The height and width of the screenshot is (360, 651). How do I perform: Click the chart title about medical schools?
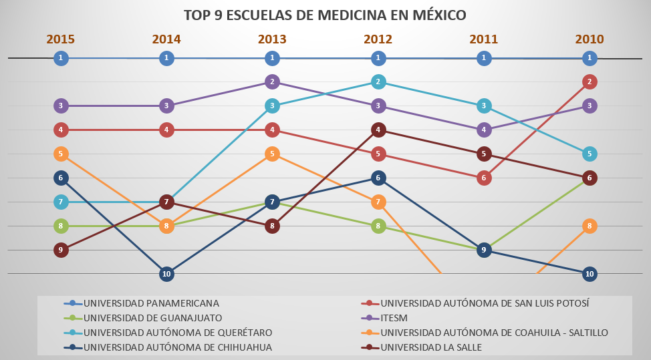(325, 15)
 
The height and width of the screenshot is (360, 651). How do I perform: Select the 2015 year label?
(60, 39)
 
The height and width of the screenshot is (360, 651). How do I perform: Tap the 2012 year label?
(378, 39)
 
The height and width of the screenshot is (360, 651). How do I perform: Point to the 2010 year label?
(589, 39)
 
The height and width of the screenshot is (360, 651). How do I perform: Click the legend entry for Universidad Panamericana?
(151, 303)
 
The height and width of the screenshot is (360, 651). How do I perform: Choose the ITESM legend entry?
(394, 318)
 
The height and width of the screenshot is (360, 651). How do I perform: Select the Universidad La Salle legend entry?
(431, 347)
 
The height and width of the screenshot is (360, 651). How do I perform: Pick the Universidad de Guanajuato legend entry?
(152, 318)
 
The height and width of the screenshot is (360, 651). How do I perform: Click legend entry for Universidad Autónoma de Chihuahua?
(177, 347)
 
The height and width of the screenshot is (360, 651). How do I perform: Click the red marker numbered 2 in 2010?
(589, 82)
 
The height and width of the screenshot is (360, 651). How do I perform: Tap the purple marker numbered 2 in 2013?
(272, 82)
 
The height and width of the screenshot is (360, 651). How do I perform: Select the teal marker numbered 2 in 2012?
(378, 82)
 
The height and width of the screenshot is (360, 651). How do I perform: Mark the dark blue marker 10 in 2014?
(166, 274)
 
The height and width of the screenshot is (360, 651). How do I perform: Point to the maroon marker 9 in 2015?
(61, 250)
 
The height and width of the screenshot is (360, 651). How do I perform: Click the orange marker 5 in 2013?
(272, 154)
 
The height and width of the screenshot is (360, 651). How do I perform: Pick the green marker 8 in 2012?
(378, 226)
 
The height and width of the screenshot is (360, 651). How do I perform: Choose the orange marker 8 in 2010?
(589, 226)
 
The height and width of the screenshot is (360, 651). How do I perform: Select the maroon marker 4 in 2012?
(378, 130)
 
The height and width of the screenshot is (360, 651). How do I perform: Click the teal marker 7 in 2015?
(61, 202)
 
